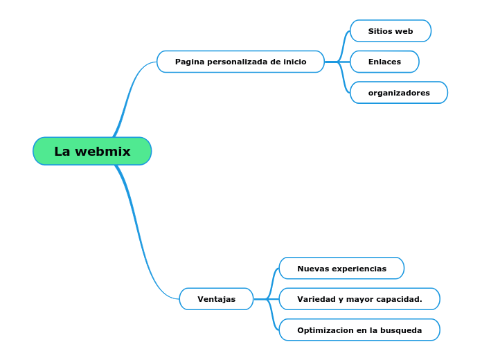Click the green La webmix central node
[92, 151]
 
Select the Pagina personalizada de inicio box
[240, 62]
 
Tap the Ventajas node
[216, 299]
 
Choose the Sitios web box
[391, 31]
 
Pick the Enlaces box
[384, 62]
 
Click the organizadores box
[399, 93]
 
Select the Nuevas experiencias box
[341, 269]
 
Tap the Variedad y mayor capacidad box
[359, 299]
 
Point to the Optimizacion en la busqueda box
[359, 330]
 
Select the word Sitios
[380, 31]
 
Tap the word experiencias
[358, 269]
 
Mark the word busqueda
[402, 330]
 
